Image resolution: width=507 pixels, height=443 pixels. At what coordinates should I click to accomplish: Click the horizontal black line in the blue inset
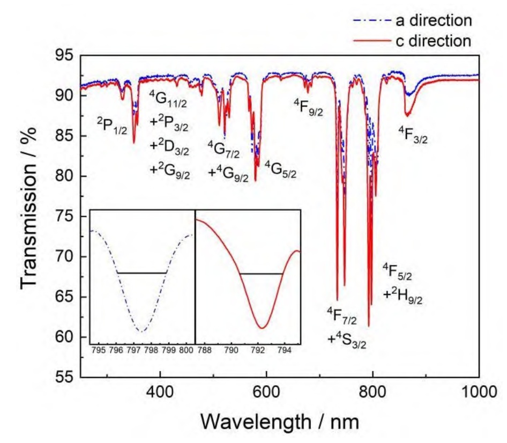(x=141, y=273)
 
